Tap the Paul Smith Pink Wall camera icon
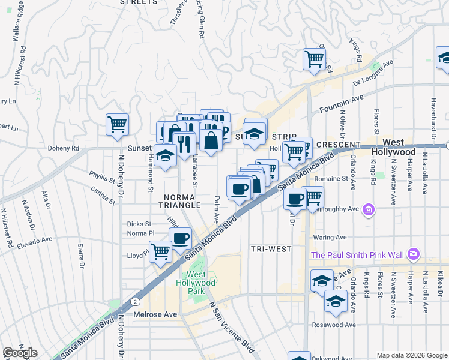(x=413, y=255)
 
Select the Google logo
(x=19, y=353)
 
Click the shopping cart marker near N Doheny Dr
(x=118, y=125)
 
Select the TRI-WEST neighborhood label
(x=271, y=248)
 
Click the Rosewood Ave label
(x=334, y=325)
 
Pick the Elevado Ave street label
(x=35, y=242)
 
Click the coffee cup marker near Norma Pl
(x=180, y=238)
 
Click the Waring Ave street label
(x=330, y=237)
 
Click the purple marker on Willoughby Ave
(x=369, y=210)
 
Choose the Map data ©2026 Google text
(x=412, y=355)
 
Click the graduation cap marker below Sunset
(x=165, y=155)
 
